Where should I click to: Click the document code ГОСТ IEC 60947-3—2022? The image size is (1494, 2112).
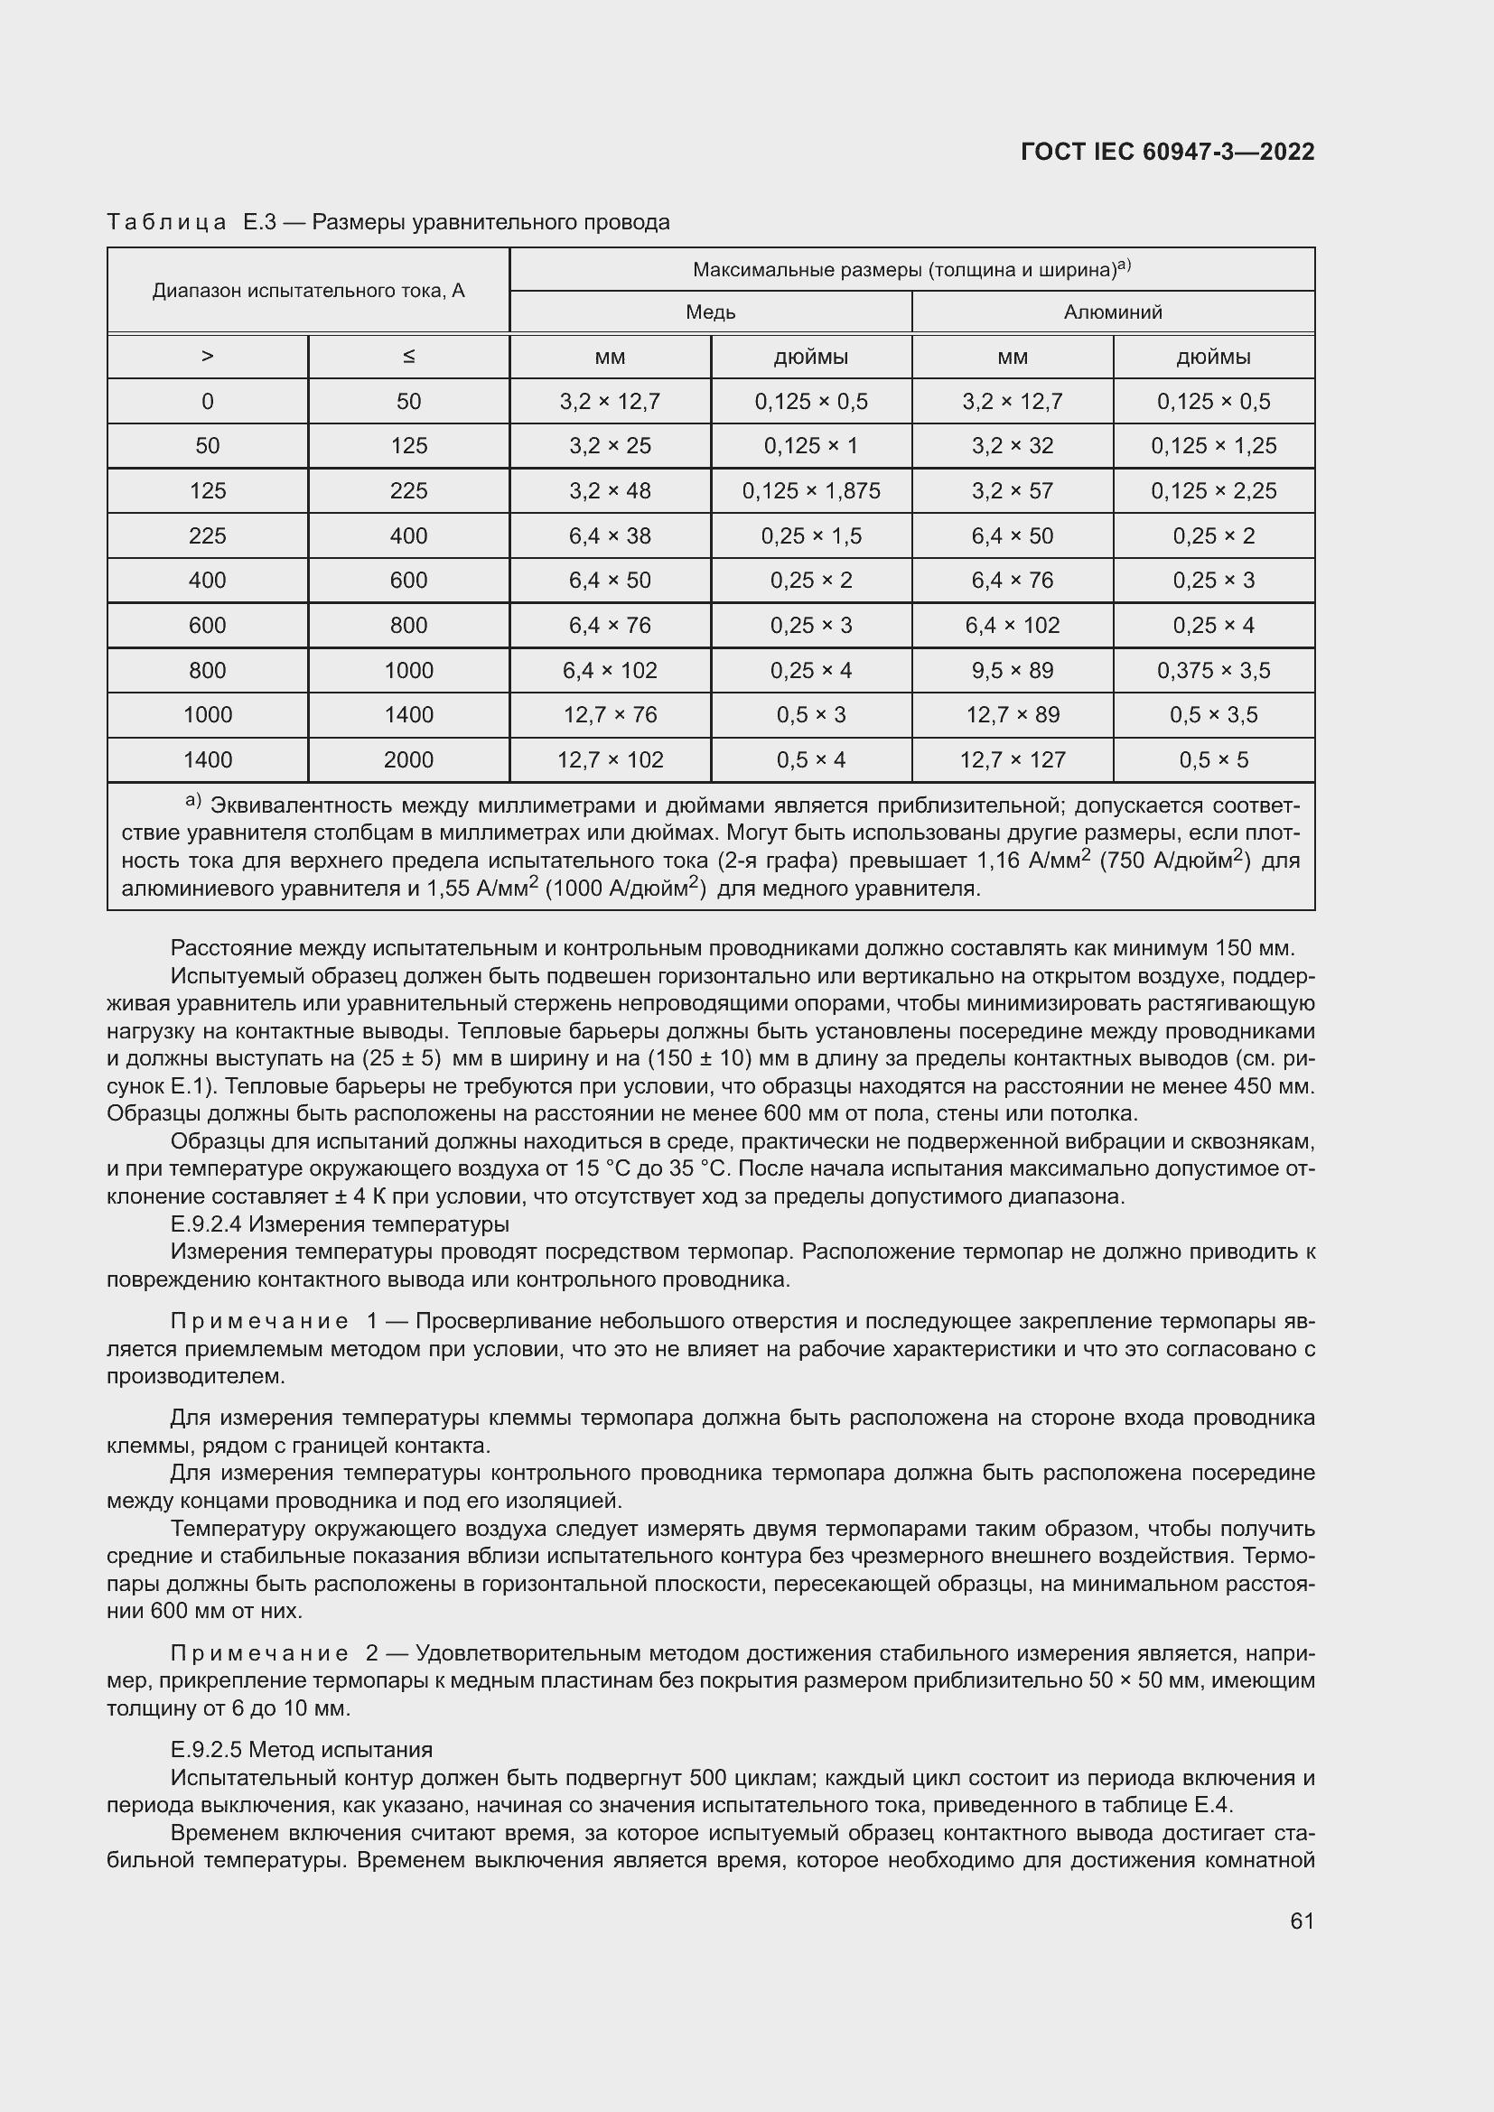[x=1166, y=152]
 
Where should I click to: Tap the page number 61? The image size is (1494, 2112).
[x=1302, y=1921]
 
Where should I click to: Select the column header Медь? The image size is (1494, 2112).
[x=710, y=312]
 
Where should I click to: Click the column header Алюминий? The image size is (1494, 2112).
[x=1112, y=312]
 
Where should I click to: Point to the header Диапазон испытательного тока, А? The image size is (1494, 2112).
[x=308, y=291]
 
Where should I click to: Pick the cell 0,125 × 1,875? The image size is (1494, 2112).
[x=810, y=490]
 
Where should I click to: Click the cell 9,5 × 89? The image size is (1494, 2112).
[x=1012, y=670]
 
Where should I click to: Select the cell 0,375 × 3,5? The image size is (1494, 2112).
[x=1212, y=670]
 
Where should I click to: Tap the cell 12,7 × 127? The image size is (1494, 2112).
[x=1012, y=759]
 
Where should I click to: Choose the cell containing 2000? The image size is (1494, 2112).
[x=408, y=759]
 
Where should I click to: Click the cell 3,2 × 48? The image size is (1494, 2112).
[x=609, y=490]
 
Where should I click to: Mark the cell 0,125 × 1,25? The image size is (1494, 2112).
[x=1212, y=445]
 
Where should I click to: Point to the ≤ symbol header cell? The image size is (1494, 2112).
[x=408, y=356]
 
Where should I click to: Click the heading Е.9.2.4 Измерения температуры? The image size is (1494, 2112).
[x=340, y=1224]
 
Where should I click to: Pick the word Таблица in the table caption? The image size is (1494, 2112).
[x=166, y=223]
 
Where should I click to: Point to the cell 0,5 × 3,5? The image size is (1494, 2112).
[x=1212, y=715]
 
